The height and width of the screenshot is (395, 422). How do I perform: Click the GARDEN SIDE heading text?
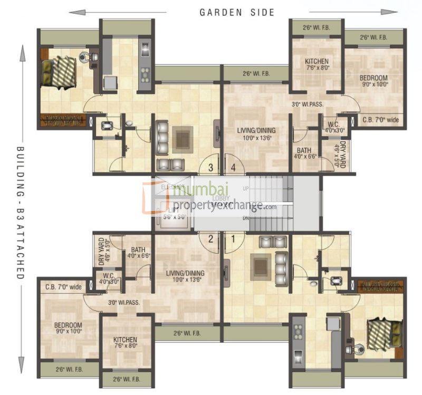pos(237,12)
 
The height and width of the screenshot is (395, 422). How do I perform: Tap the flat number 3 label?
pos(210,168)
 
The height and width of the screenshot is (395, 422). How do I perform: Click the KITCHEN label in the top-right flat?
pos(316,61)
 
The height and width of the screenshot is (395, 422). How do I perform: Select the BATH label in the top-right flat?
pos(304,150)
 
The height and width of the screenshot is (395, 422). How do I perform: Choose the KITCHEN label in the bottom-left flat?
pos(125,340)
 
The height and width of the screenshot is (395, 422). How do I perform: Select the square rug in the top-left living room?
pos(184,139)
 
